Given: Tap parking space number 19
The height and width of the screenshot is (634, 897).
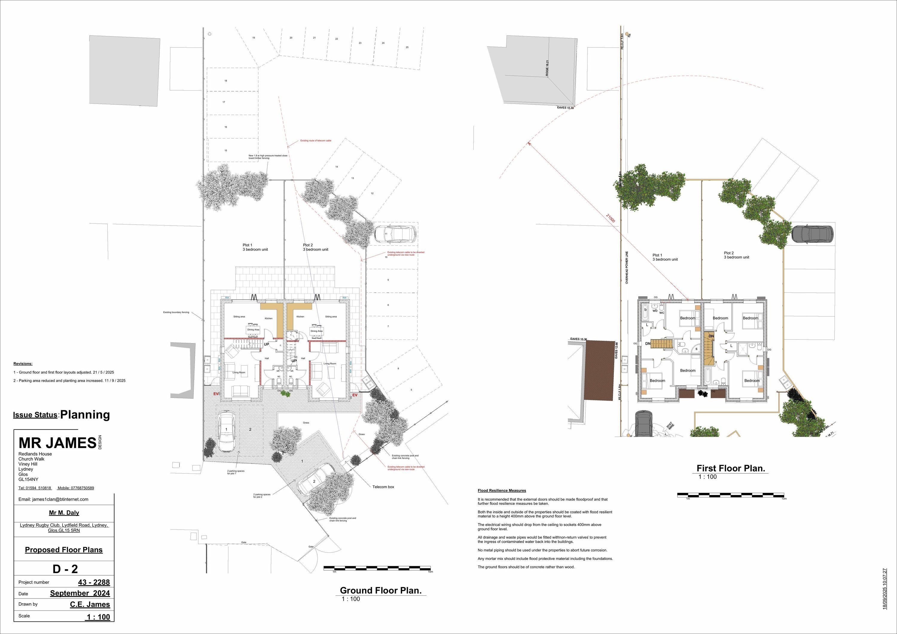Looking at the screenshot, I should click(x=254, y=38).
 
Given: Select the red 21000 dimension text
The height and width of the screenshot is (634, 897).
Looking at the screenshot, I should click(x=610, y=218).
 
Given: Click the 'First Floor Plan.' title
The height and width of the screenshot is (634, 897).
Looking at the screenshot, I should click(x=730, y=468).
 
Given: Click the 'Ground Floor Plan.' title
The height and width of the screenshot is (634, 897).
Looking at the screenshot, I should click(x=381, y=590).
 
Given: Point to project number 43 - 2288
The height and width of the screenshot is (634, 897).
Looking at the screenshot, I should click(x=94, y=582).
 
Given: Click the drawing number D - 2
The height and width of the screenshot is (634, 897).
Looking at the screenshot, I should click(x=65, y=569).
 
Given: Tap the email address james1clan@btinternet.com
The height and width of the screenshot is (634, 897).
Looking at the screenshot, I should click(x=54, y=499).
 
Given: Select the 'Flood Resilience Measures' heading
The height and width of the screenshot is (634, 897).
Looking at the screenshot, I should click(x=502, y=491).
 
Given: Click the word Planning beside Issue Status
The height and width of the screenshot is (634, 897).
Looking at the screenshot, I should click(x=85, y=415).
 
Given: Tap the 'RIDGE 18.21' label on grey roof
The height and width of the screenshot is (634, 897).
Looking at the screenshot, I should click(x=547, y=68).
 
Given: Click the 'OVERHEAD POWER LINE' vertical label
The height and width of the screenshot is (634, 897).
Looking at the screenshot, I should click(x=627, y=267).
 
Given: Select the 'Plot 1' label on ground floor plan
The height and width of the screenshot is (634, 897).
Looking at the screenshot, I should click(x=247, y=245).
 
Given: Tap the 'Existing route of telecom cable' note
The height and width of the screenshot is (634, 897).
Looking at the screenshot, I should click(x=316, y=140).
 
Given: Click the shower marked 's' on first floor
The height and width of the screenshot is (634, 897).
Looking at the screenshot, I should click(x=696, y=349).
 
